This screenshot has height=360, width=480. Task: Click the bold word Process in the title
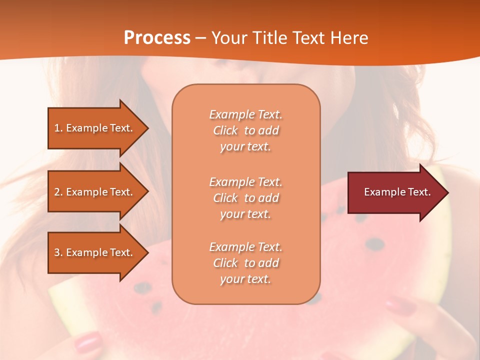click(x=157, y=38)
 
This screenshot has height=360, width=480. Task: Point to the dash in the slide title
click(x=200, y=38)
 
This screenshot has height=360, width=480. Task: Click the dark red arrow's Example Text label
click(x=397, y=192)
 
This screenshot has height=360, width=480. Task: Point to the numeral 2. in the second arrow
click(x=58, y=192)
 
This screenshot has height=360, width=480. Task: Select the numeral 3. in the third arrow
click(x=58, y=252)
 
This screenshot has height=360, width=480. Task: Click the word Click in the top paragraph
click(x=225, y=130)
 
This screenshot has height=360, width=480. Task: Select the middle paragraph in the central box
click(x=245, y=198)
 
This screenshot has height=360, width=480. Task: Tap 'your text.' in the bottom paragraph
click(x=245, y=279)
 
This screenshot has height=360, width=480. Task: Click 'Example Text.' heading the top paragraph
click(x=245, y=114)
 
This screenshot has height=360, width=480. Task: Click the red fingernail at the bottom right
click(x=400, y=305)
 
